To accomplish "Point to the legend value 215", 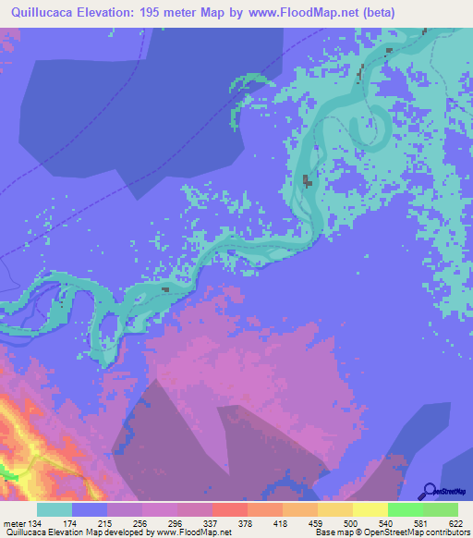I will coord(91,523).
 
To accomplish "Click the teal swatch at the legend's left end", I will coord(55,509).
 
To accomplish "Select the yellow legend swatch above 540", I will coord(370,509).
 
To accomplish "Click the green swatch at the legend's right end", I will coord(440,509).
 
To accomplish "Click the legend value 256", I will coord(125,523).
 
